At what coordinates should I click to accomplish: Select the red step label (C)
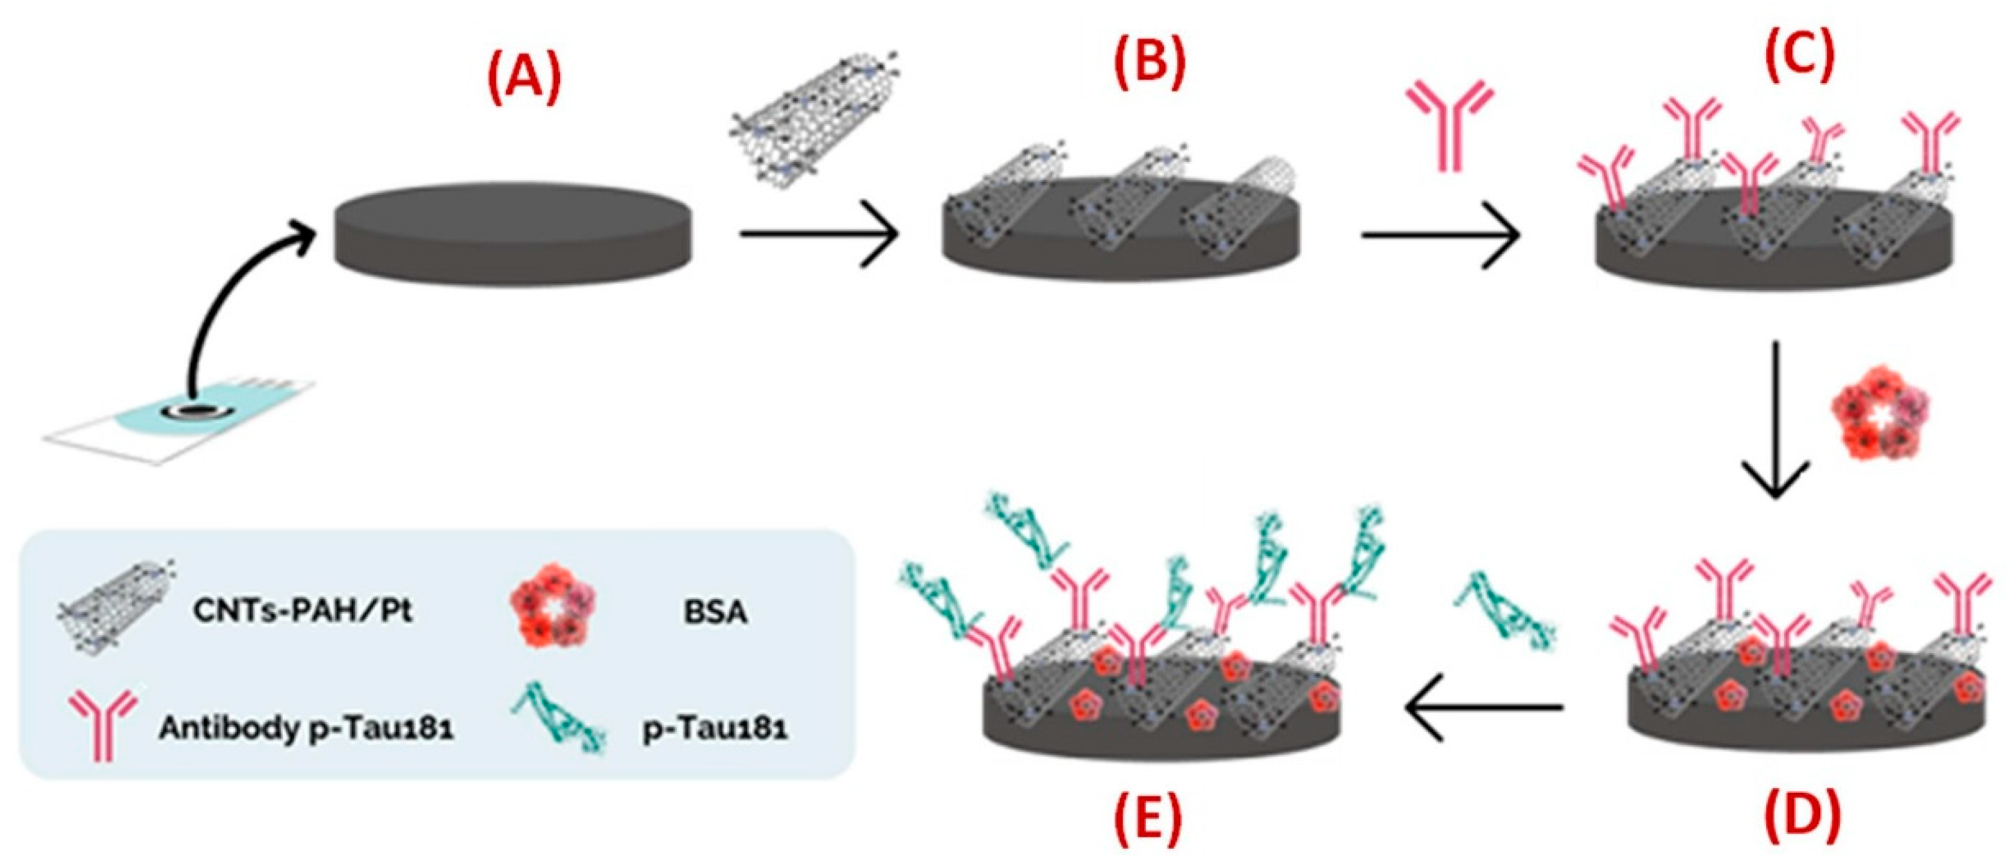pyautogui.click(x=1800, y=53)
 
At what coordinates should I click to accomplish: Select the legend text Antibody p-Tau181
pyautogui.click(x=306, y=728)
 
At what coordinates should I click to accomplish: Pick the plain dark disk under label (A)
pyautogui.click(x=513, y=234)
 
